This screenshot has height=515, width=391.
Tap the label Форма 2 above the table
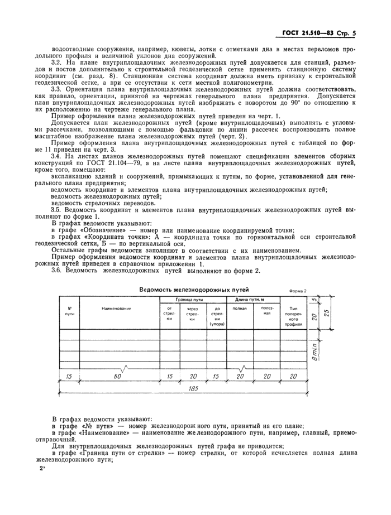[298, 291]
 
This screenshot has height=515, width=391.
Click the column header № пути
[70, 311]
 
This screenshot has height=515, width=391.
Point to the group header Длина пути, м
[252, 300]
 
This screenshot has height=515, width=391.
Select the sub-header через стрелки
[193, 315]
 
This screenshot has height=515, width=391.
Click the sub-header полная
[240, 308]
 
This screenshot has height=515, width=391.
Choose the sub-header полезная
[267, 311]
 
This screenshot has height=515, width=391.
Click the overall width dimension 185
[194, 388]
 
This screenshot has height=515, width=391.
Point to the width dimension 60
[118, 377]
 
